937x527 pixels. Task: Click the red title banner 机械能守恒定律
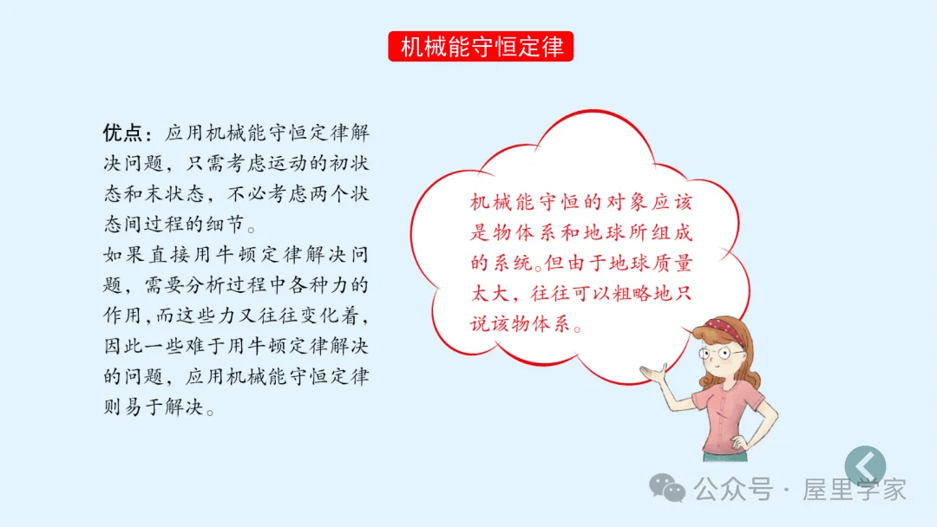(481, 47)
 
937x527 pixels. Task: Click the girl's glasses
(722, 354)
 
